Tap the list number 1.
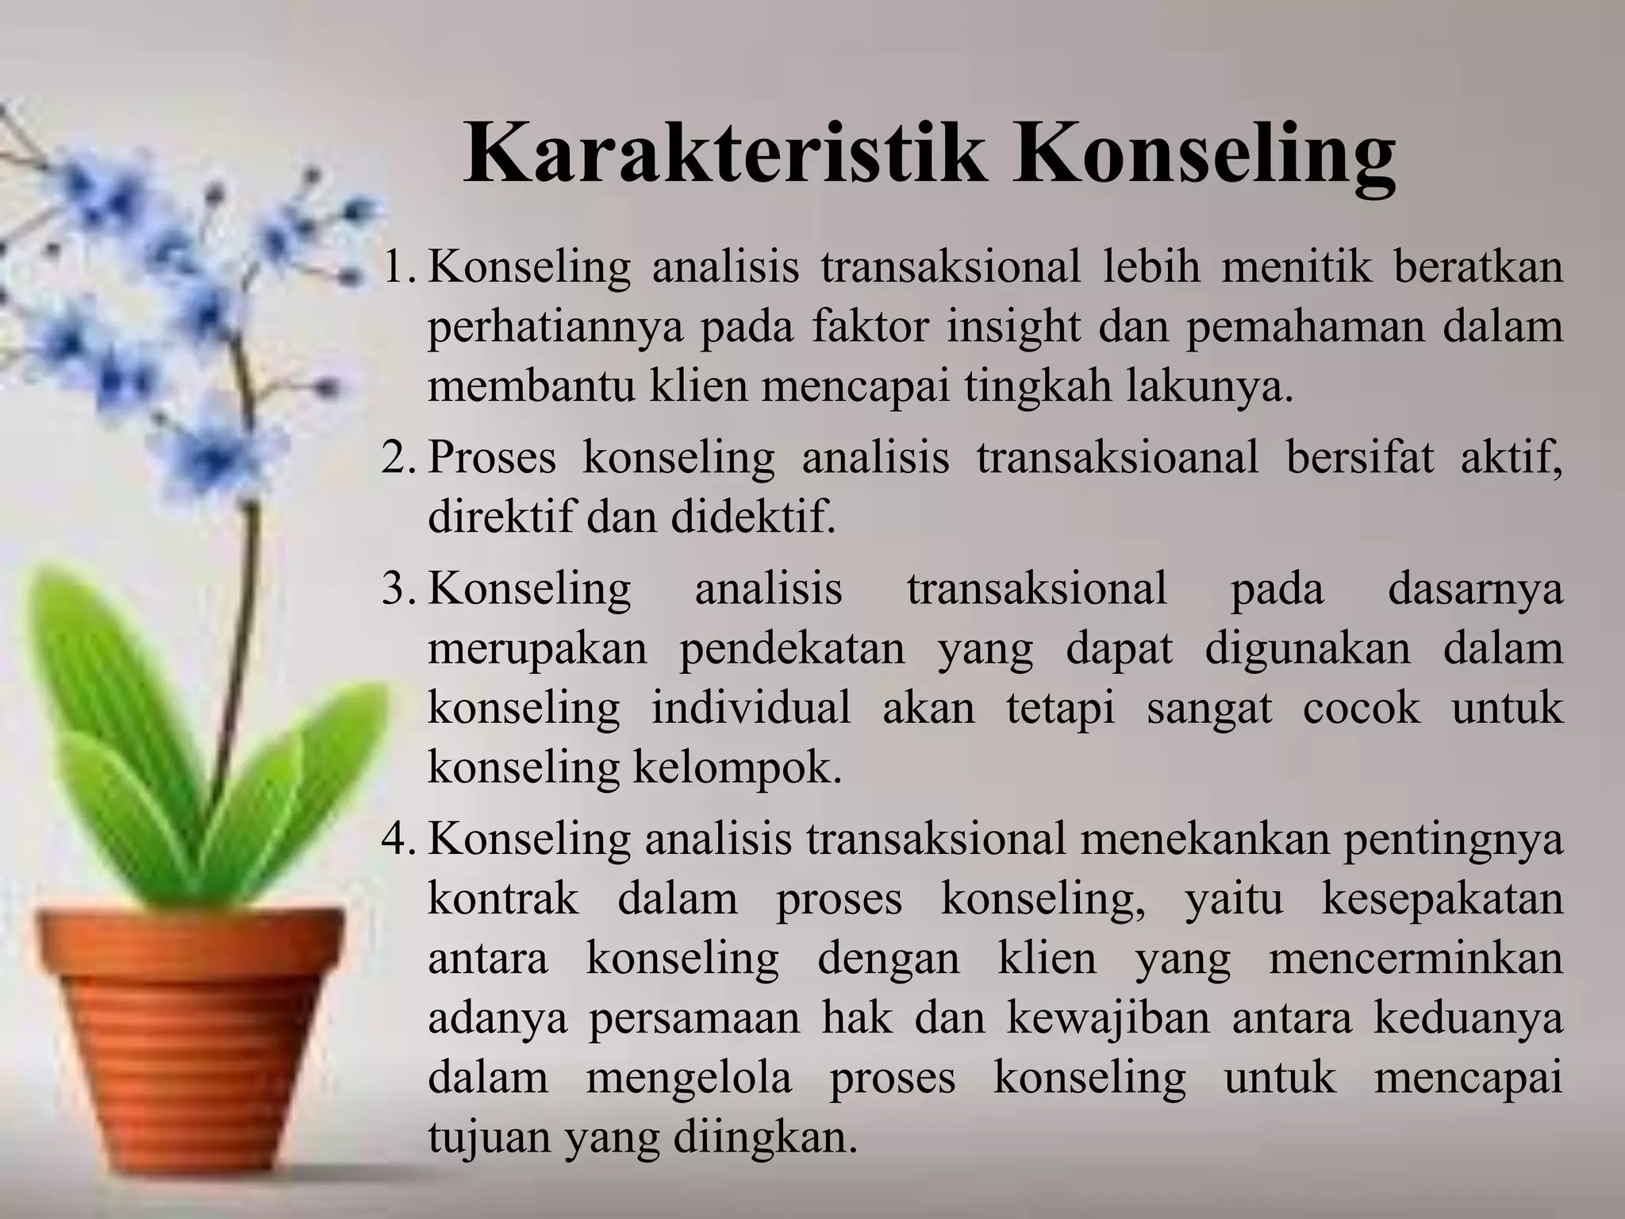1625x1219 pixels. (396, 268)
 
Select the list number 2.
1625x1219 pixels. (396, 459)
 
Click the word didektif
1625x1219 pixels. (753, 517)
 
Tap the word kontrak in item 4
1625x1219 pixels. (504, 898)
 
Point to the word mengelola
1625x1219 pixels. (689, 1079)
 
